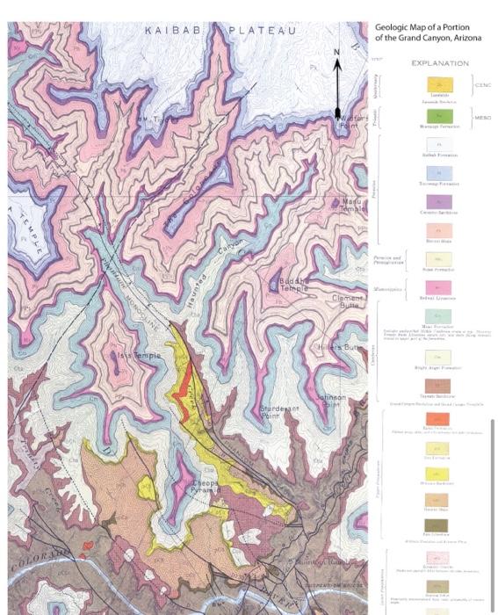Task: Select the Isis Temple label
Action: (x=137, y=355)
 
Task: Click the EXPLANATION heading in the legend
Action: (x=439, y=63)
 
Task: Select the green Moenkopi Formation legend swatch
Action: (x=439, y=115)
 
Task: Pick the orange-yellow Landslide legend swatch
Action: (x=439, y=85)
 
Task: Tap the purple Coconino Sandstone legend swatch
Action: (x=439, y=201)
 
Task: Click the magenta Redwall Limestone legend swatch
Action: (x=439, y=286)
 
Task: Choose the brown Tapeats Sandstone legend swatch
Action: (x=439, y=386)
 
